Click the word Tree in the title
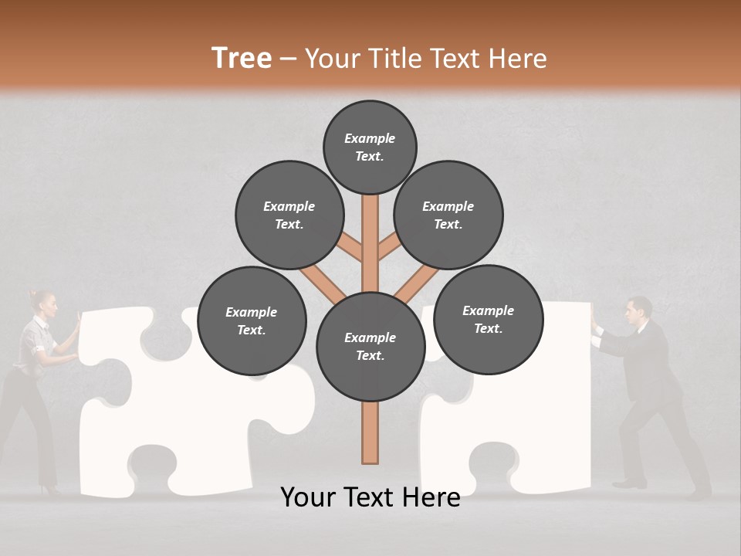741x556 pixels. pyautogui.click(x=242, y=58)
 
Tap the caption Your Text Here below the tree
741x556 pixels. pyautogui.click(x=370, y=497)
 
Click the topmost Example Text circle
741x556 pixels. pyautogui.click(x=370, y=147)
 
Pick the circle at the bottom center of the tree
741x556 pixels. pyautogui.click(x=370, y=347)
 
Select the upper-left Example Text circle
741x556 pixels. pyautogui.click(x=289, y=215)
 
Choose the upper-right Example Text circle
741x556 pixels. pyautogui.click(x=448, y=215)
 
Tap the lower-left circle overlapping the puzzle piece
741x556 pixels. pyautogui.click(x=252, y=320)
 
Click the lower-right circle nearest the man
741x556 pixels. pyautogui.click(x=488, y=319)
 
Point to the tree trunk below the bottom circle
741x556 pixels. pyautogui.click(x=370, y=432)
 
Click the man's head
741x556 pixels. pyautogui.click(x=638, y=310)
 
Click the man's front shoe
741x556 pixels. pyautogui.click(x=629, y=483)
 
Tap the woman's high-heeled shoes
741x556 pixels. pyautogui.click(x=52, y=488)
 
